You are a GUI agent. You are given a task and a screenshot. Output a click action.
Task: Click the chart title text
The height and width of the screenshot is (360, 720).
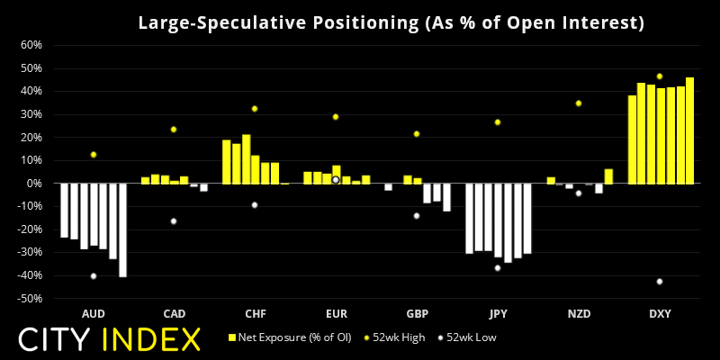click(391, 22)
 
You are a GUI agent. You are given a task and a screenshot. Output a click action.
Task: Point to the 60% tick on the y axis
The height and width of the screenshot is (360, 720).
click(31, 45)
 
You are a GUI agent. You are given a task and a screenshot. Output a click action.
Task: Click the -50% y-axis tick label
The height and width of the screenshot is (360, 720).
click(30, 298)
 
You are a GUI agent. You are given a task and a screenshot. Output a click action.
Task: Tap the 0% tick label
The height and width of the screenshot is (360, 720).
click(34, 184)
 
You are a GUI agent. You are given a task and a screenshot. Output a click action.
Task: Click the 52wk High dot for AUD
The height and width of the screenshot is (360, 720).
click(93, 155)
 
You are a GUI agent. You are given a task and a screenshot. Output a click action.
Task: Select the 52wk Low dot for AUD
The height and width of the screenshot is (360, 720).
click(93, 276)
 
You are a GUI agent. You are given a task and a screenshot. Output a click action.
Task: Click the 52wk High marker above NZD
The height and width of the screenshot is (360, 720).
click(579, 103)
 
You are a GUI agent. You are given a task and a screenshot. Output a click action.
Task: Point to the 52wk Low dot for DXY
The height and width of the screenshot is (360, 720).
click(660, 282)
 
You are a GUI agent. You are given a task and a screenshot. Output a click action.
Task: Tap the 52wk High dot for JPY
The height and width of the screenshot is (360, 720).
click(498, 122)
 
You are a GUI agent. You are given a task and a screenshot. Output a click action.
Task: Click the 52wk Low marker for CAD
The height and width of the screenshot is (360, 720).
click(174, 221)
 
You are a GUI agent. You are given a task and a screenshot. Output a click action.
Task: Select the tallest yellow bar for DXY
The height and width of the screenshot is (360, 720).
click(689, 130)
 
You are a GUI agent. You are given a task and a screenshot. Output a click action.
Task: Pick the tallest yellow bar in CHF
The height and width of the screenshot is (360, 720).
click(246, 159)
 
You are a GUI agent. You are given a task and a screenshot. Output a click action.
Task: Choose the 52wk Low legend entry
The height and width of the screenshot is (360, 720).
click(467, 337)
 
